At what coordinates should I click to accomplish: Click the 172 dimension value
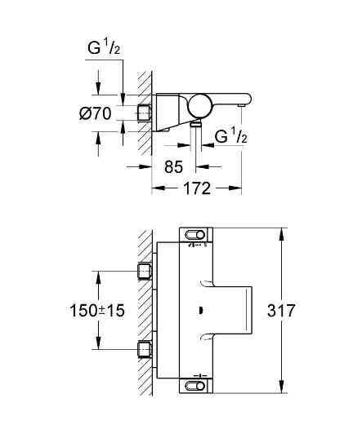coord(196,188)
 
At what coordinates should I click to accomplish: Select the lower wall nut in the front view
coord(145,351)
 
